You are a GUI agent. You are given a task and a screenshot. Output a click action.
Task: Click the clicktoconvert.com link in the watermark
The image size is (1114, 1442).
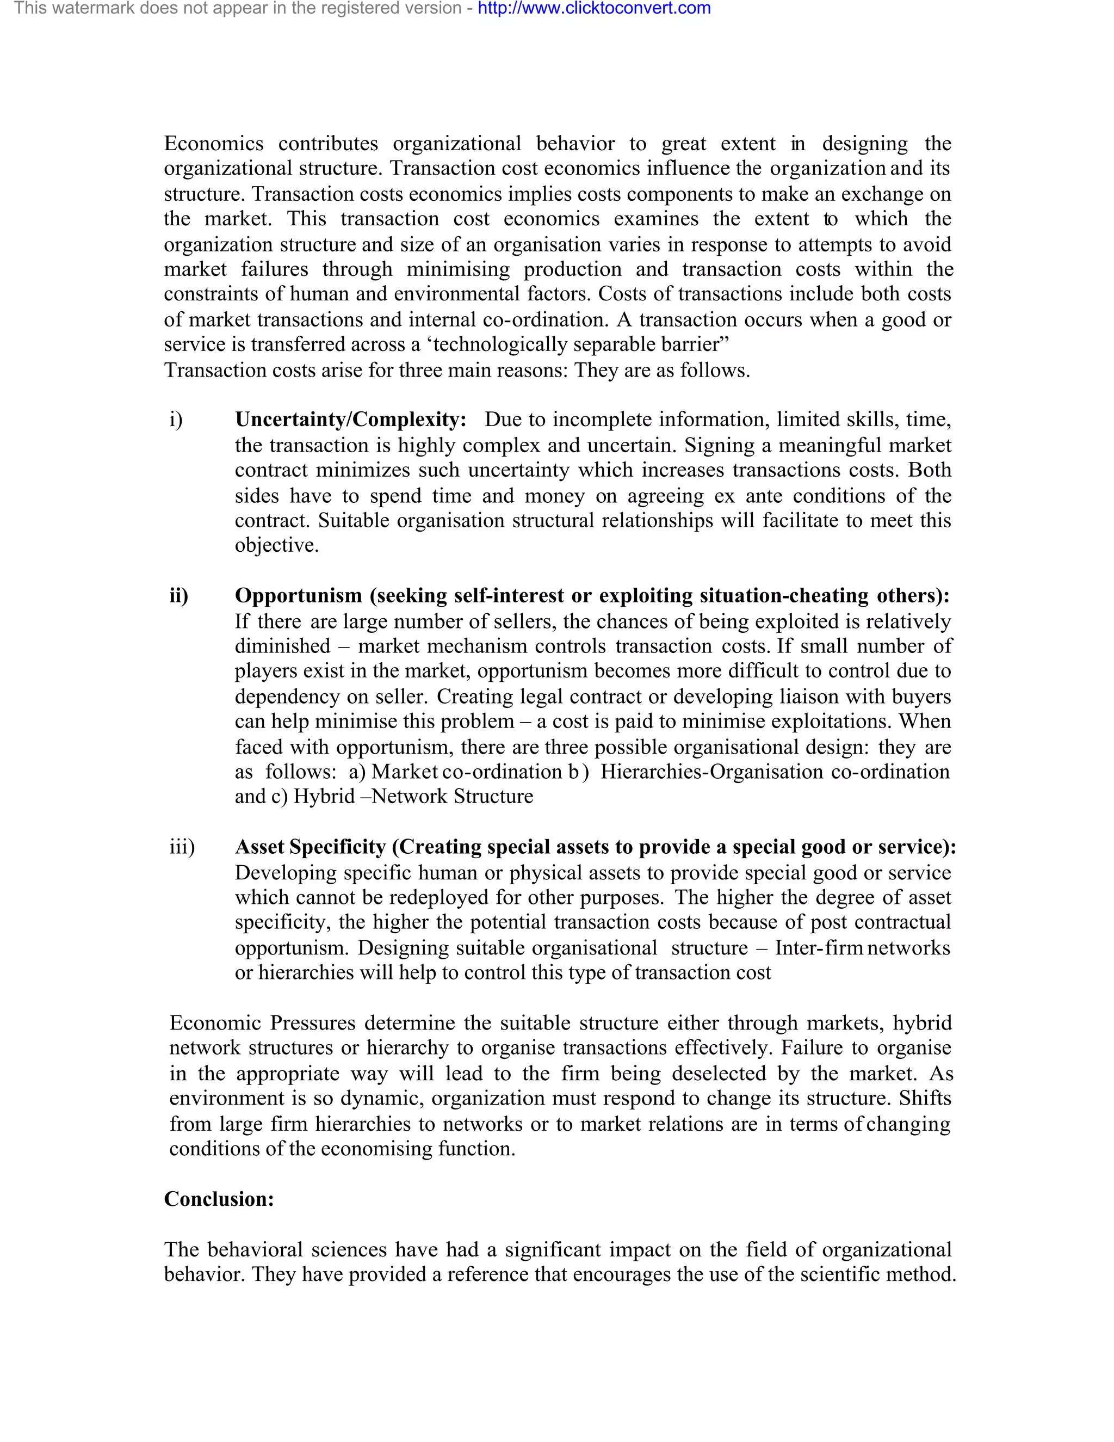click(594, 9)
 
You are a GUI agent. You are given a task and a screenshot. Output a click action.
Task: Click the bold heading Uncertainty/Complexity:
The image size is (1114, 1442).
click(350, 420)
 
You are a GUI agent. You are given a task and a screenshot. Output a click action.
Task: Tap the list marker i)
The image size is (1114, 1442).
click(176, 420)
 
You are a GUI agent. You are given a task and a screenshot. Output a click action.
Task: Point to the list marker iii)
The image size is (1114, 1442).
click(182, 847)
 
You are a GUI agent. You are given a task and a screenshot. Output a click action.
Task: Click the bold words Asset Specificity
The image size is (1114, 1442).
click(310, 847)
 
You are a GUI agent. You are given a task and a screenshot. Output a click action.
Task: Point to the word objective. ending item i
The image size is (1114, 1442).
click(276, 545)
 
